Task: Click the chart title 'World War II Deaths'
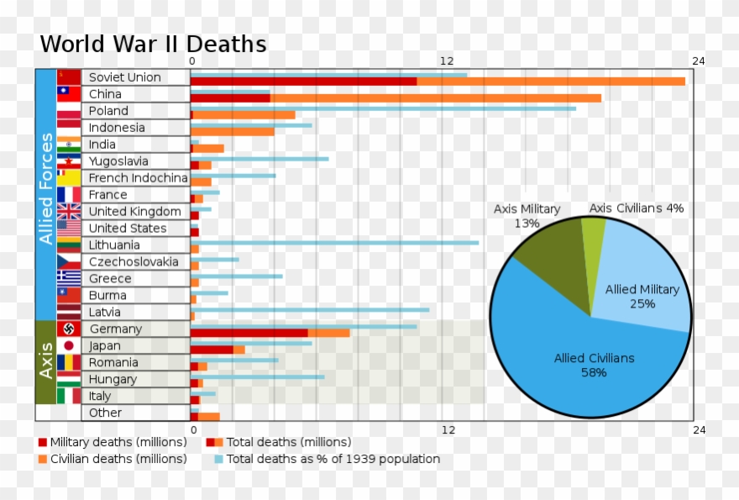coord(153,45)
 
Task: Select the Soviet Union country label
coord(124,77)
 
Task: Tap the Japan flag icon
coord(69,345)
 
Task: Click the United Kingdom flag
coord(69,211)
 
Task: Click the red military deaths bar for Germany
coord(249,333)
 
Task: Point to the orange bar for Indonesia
coord(233,131)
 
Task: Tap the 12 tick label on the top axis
coord(447,61)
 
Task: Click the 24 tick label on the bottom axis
coord(699,430)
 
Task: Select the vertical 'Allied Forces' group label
coord(45,189)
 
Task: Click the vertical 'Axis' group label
coord(45,361)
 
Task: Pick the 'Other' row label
coord(105,413)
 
